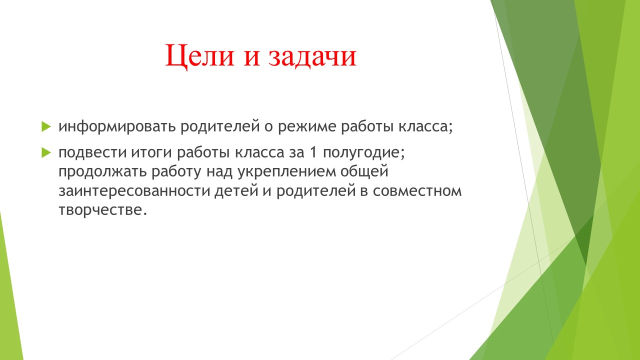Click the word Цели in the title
[x=199, y=55]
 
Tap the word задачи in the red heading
[x=312, y=55]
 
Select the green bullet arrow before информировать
[x=46, y=126]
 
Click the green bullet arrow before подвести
[x=46, y=152]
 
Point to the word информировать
[x=117, y=126]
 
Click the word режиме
[x=307, y=126]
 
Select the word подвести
[x=92, y=152]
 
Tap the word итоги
[x=151, y=152]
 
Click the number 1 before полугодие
[x=313, y=152]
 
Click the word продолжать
[x=102, y=171]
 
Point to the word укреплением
[x=286, y=172]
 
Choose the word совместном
[x=417, y=191]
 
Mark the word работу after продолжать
[x=176, y=171]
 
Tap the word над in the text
[x=219, y=171]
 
